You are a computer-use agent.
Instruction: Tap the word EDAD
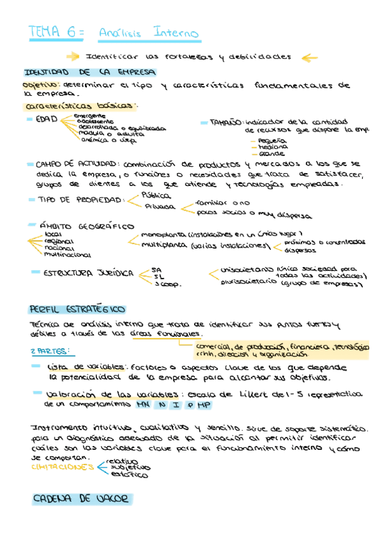tap(47, 119)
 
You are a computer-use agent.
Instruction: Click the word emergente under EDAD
tap(89, 115)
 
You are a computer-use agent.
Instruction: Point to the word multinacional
tap(67, 255)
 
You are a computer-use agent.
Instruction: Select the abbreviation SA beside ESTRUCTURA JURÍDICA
tap(157, 270)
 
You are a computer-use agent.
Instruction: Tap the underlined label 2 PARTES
tap(50, 350)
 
